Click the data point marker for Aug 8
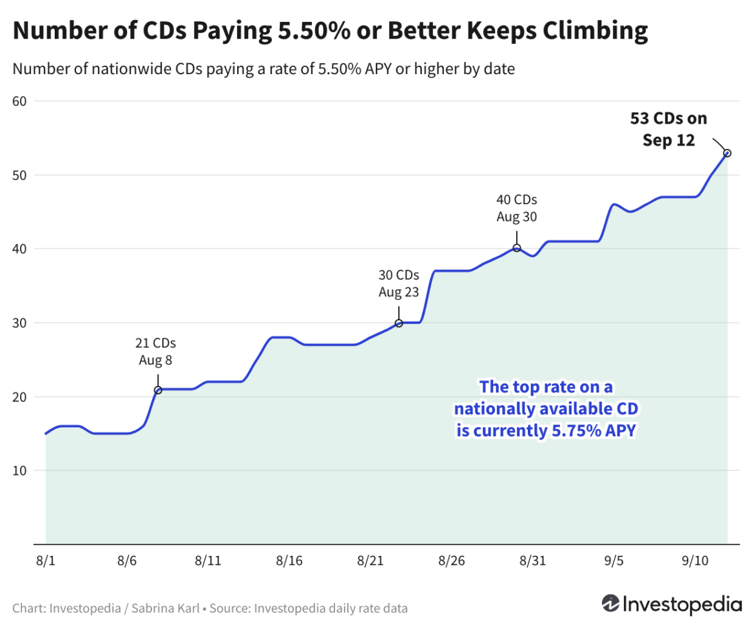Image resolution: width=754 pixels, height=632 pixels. pyautogui.click(x=158, y=390)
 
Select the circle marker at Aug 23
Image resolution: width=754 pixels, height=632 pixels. pyautogui.click(x=399, y=323)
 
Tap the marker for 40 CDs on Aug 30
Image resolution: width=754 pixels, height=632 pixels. pyautogui.click(x=517, y=248)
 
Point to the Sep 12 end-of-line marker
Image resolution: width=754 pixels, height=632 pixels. pyautogui.click(x=727, y=153)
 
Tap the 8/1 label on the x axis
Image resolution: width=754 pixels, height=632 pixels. pyautogui.click(x=46, y=561)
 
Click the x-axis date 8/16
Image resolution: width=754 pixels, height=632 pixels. pyautogui.click(x=289, y=561)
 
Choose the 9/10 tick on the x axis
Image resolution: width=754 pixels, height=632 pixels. pyautogui.click(x=695, y=561)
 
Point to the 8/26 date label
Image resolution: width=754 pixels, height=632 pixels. pyautogui.click(x=451, y=561)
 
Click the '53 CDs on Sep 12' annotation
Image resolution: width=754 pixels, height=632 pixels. pyautogui.click(x=668, y=129)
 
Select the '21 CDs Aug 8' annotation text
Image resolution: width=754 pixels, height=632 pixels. pyautogui.click(x=157, y=351)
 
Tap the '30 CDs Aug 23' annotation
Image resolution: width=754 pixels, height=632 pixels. pyautogui.click(x=398, y=283)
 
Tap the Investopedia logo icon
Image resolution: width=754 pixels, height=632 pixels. pyautogui.click(x=610, y=603)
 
